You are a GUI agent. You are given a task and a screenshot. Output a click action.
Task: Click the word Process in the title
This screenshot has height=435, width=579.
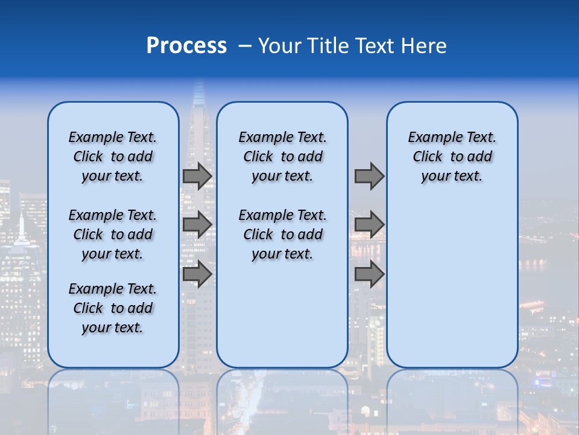[x=186, y=46]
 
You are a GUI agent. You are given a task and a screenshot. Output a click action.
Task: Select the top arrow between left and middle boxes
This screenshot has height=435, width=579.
[x=197, y=176]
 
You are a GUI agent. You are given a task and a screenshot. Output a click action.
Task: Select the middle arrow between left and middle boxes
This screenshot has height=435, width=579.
[x=197, y=225]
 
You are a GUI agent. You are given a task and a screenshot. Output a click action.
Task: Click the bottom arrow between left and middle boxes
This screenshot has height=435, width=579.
[x=197, y=274]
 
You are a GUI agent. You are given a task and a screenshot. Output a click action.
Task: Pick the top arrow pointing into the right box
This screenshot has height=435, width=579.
[x=369, y=176]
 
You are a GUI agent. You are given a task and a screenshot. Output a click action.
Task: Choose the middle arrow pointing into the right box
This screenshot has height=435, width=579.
[x=369, y=225]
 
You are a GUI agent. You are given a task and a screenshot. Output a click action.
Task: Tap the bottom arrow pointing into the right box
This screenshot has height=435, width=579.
[x=369, y=274]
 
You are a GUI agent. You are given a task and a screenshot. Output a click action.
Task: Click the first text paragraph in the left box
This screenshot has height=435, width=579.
[x=113, y=156]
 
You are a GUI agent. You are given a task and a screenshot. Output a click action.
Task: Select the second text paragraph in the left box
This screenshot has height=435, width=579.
[x=113, y=234]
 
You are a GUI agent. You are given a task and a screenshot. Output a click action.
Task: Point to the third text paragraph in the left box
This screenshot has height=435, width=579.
[x=113, y=308]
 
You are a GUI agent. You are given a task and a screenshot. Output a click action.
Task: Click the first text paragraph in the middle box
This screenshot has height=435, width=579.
[x=282, y=156]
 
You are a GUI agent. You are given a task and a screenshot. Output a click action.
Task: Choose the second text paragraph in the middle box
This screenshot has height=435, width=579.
[x=282, y=234]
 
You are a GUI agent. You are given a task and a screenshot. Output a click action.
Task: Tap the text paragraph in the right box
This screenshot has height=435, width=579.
[x=452, y=156]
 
